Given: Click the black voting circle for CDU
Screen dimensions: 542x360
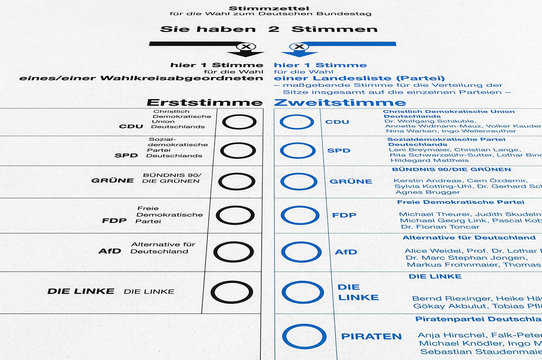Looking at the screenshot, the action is coord(238,123).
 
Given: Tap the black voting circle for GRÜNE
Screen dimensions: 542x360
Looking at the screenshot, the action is coord(237,181).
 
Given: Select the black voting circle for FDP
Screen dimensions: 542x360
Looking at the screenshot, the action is coord(235,214).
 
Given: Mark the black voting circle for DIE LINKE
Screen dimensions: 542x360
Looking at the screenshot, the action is coord(233,292).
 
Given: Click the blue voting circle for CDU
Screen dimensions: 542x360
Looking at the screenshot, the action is coord(297,123).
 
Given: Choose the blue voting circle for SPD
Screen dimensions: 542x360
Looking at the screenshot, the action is coord(298,151).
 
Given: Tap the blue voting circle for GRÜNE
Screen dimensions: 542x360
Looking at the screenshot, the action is coord(299,181).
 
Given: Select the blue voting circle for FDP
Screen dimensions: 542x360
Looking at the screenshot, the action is coord(300,215).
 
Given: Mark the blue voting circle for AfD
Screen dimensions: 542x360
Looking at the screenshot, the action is coord(301,252).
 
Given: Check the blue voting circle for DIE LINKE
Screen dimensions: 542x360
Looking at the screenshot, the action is coord(302,291).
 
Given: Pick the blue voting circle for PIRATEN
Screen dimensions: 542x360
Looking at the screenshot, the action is coord(304,338).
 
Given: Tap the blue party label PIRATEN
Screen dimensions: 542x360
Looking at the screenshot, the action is coord(371,336).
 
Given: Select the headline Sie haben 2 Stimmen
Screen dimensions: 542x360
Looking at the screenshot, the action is coord(270,29).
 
